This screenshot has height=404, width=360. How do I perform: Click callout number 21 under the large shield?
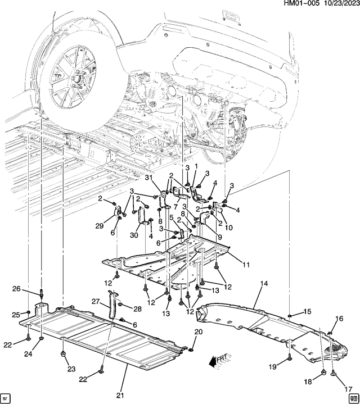coord(119,396)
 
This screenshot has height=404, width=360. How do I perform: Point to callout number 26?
coord(17,289)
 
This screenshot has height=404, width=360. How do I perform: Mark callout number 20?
coord(198,332)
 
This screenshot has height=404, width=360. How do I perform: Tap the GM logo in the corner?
coord(352,396)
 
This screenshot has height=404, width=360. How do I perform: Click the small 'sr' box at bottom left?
coord(7,397)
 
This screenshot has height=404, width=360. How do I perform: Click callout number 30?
coord(133,235)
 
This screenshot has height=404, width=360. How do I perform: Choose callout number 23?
coord(71,369)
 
